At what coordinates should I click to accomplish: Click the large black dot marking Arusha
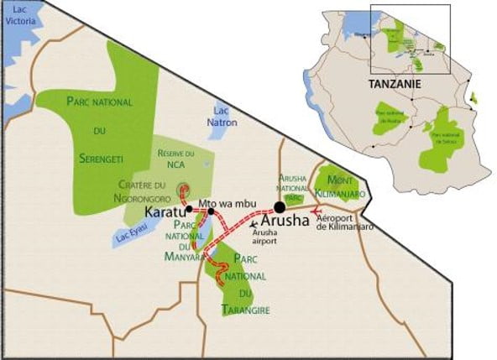click(280, 207)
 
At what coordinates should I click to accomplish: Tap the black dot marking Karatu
click(190, 209)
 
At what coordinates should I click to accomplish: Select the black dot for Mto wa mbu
click(211, 211)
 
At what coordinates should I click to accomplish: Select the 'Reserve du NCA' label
click(175, 159)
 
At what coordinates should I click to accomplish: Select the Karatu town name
click(166, 210)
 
